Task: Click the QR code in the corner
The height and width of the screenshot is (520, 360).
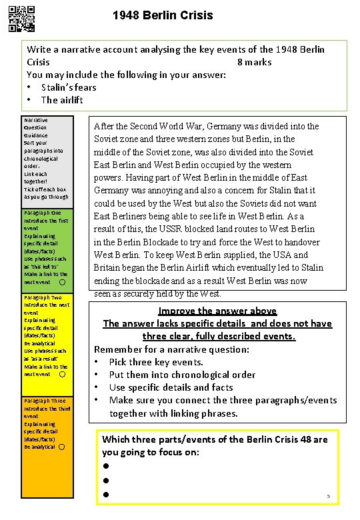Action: click(x=23, y=19)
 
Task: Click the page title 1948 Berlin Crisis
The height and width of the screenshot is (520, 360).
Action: click(x=163, y=15)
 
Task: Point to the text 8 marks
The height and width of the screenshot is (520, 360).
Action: click(x=254, y=62)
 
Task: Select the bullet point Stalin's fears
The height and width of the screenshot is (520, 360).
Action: click(x=68, y=87)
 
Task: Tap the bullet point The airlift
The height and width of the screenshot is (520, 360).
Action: click(x=61, y=100)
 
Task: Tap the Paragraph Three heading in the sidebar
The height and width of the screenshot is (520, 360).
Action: click(x=44, y=401)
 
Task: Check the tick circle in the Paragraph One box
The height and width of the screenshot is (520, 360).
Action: click(x=61, y=282)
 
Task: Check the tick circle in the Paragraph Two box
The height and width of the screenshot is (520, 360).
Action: click(x=62, y=375)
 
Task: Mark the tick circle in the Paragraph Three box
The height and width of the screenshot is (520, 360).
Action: click(x=61, y=447)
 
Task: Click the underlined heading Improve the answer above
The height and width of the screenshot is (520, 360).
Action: click(x=217, y=311)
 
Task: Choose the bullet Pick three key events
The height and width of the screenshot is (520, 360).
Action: click(x=156, y=362)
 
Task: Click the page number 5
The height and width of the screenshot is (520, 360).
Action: click(x=328, y=496)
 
